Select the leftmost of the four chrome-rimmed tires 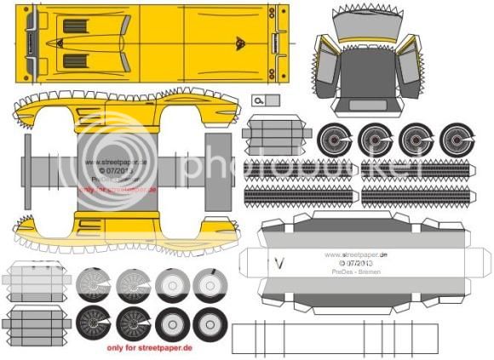(333, 139)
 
